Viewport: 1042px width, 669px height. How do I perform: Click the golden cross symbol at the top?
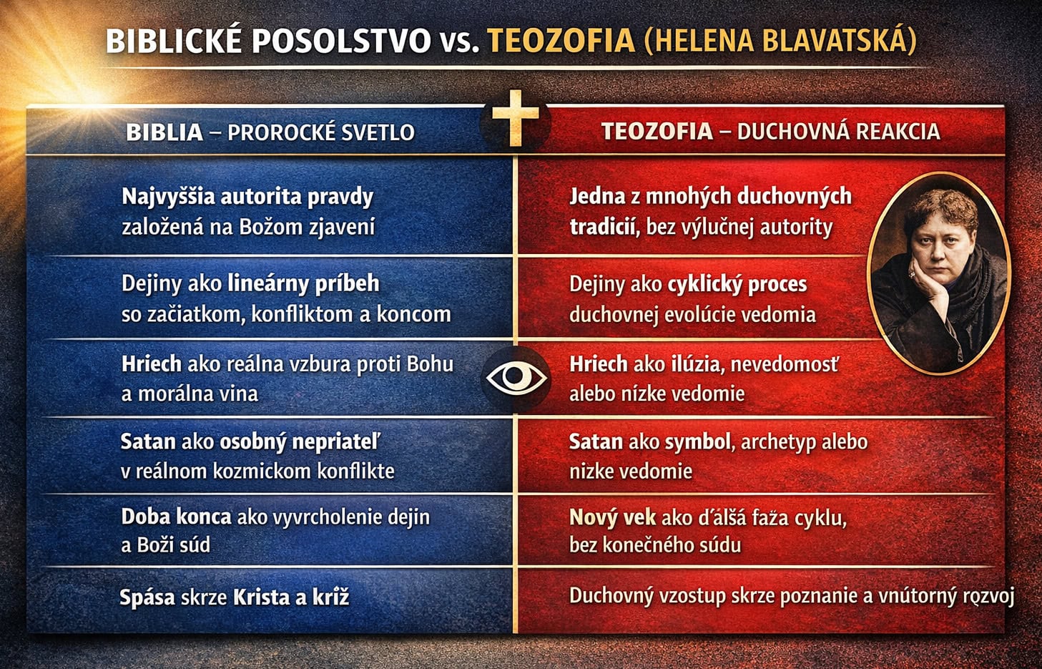point(516,117)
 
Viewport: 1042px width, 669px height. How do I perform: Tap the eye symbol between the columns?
point(516,376)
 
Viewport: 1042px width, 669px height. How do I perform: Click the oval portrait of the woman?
point(939,273)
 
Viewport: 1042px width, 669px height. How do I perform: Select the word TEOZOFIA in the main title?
point(561,41)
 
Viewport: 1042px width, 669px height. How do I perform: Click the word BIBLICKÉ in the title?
point(174,41)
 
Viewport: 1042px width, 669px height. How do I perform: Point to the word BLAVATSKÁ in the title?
point(835,41)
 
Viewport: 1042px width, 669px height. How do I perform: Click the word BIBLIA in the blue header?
point(164,132)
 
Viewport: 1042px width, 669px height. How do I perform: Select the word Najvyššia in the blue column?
point(168,197)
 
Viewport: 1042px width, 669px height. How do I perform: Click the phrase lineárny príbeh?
point(303,284)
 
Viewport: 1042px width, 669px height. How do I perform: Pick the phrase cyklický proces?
point(737,285)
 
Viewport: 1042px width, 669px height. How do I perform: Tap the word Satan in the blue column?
point(148,441)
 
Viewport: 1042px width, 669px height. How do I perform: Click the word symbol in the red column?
point(698,442)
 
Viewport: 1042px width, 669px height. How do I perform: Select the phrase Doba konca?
point(177,517)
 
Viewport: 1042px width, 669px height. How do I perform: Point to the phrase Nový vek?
point(613,518)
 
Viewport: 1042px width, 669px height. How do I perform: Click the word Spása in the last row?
point(147,597)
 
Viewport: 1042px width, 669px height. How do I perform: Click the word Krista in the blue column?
point(262,597)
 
